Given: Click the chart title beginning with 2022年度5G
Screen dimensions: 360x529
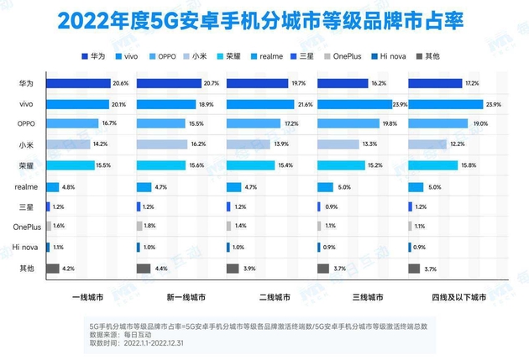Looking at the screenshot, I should click(x=264, y=20).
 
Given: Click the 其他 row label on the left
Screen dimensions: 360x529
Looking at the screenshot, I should click(x=26, y=269).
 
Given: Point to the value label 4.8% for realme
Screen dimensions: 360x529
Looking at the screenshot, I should click(x=70, y=186).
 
